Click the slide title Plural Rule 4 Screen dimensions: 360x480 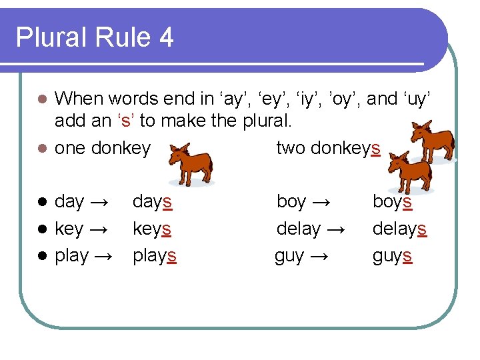tap(95, 37)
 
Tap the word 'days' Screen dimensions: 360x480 tap(152, 201)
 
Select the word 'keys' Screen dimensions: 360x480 tap(152, 229)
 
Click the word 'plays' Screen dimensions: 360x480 tap(155, 256)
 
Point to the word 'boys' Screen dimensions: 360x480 tap(392, 201)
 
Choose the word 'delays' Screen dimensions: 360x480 tap(399, 229)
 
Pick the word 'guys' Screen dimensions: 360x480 tap(392, 256)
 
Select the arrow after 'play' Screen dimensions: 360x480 tap(104, 256)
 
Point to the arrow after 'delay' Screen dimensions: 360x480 tap(336, 229)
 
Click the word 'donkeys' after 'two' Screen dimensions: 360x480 tap(345, 148)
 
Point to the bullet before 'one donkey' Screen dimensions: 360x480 tap(41, 148)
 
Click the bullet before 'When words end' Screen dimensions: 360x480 tap(41, 99)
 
